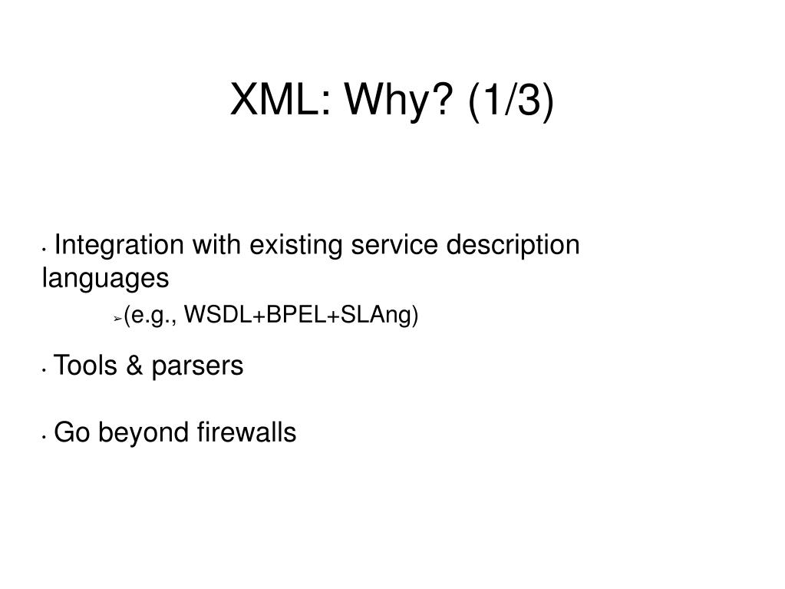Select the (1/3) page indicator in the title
coord(508,102)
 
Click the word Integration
coord(120,246)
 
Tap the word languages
coord(104,278)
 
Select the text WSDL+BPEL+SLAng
coord(302,316)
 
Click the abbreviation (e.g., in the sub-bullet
coord(151,316)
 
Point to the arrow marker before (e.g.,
coord(117,318)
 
